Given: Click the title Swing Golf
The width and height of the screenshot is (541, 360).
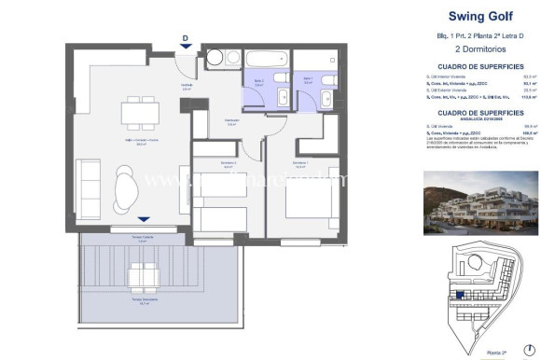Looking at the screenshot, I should coord(465,16).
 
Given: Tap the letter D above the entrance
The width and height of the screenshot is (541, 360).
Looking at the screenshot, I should coord(186,38).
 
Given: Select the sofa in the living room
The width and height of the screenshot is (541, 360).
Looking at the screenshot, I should coord(89,187).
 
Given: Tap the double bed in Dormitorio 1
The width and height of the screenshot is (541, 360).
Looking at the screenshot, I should coord(315,206).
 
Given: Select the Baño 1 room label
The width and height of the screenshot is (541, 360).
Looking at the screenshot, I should coord(308,79).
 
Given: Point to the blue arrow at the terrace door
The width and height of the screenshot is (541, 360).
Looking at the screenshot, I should coord(142,219).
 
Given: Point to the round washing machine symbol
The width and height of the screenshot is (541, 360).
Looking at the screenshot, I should coord(215,58).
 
